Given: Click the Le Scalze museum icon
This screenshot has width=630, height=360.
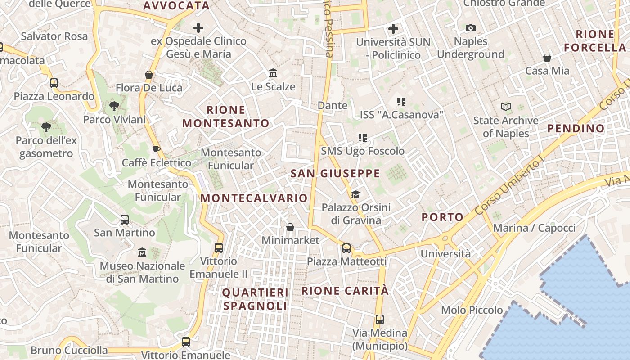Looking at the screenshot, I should [273, 73].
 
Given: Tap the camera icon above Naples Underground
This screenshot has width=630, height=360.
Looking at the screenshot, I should [470, 28].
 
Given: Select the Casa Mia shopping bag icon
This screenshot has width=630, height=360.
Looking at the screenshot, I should [547, 58].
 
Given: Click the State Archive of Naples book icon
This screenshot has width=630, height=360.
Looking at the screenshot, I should [506, 107].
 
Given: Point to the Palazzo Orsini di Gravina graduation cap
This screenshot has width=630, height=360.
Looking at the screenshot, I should [355, 194].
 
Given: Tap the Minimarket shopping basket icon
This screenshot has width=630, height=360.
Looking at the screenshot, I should [290, 227].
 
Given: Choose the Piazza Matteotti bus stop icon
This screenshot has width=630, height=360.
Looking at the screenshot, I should [346, 248].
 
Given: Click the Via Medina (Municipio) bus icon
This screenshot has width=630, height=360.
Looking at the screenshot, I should [380, 319].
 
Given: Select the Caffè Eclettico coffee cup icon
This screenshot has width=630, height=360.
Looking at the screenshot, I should [157, 149].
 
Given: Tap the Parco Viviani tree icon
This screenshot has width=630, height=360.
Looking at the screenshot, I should [114, 106].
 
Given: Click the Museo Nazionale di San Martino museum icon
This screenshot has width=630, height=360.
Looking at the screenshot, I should [142, 252].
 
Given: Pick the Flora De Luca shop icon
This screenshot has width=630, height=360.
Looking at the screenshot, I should [149, 74].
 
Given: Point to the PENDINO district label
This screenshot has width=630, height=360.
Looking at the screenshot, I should [576, 128].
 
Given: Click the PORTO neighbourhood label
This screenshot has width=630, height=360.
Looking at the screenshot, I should [442, 217].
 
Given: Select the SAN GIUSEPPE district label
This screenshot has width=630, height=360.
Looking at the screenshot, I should [335, 173].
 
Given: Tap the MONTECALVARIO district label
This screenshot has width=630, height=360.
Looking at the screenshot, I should [254, 198].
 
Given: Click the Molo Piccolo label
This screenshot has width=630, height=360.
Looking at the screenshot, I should [472, 310].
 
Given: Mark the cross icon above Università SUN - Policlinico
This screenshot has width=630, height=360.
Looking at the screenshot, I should [393, 29].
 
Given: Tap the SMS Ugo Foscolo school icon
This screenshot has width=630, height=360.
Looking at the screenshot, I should [363, 137].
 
